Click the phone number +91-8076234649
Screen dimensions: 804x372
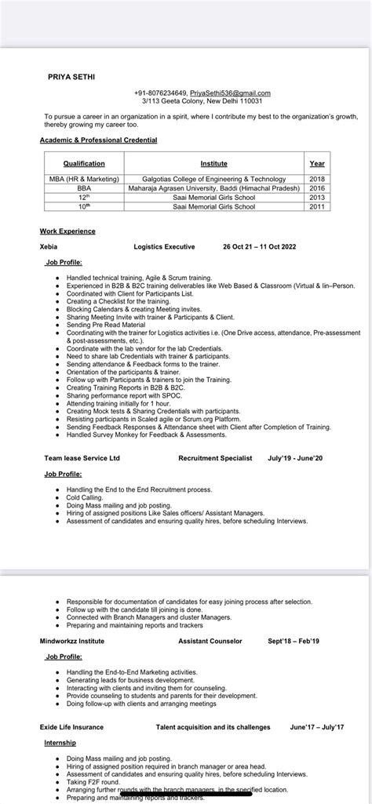[x=161, y=93]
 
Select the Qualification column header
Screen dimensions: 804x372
[x=84, y=164]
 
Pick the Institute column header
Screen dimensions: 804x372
[x=213, y=164]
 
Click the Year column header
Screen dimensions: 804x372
[x=317, y=164]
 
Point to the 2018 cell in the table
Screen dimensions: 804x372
[x=317, y=179]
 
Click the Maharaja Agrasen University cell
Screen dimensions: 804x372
[x=213, y=188]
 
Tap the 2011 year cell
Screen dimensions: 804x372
[x=317, y=207]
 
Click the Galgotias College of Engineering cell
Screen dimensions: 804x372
[x=213, y=179]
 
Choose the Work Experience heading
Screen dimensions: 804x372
[x=67, y=231]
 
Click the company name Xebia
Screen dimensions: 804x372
[x=49, y=246]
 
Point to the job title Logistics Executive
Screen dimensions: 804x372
[x=164, y=246]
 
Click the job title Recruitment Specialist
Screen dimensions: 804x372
[x=215, y=458]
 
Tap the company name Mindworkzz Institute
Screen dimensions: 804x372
[x=72, y=641]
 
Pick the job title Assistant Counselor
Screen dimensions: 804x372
[x=210, y=641]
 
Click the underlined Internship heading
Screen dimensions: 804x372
[x=60, y=742]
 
